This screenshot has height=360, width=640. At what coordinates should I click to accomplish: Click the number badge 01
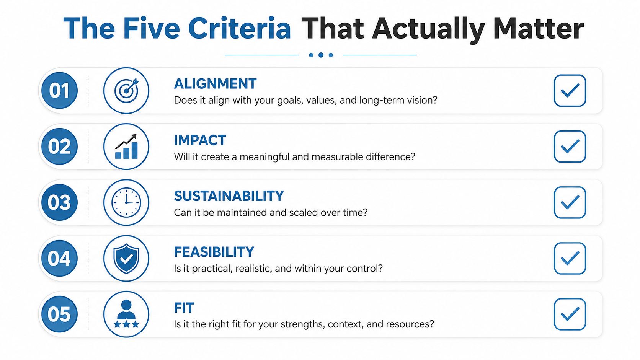click(59, 91)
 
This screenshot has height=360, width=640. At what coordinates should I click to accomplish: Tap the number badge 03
click(59, 202)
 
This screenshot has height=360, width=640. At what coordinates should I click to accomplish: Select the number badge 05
click(59, 314)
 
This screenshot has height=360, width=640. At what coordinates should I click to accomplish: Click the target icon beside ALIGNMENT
click(126, 91)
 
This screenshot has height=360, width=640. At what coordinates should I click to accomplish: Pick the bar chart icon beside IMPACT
click(126, 147)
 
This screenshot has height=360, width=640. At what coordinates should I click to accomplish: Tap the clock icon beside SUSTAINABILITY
click(126, 202)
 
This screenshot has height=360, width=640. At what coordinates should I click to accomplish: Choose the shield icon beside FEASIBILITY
click(126, 258)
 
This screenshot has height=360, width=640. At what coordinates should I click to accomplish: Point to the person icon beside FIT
click(126, 314)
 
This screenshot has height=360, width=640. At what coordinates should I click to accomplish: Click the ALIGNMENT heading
click(215, 84)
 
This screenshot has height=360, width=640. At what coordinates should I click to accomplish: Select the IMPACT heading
click(200, 140)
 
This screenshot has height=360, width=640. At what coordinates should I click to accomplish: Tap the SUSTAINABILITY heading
click(229, 196)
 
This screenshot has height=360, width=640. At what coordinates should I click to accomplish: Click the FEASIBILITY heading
click(214, 252)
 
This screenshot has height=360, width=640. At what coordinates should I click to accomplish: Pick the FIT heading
click(184, 308)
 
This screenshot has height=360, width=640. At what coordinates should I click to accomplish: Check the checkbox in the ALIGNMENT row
click(570, 91)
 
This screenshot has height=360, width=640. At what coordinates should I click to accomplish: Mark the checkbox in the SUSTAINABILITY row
click(570, 202)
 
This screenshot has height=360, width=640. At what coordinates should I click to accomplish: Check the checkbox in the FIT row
click(570, 314)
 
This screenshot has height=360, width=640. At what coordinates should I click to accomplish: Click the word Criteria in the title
click(240, 28)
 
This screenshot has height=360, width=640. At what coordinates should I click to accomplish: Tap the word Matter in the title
click(538, 28)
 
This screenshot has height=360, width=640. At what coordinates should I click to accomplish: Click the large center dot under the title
click(321, 55)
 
